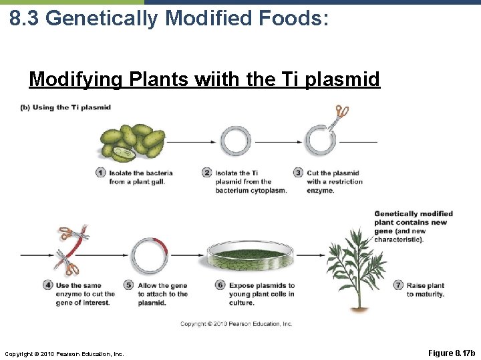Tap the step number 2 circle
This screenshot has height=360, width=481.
point(207,173)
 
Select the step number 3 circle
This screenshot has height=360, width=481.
point(298,173)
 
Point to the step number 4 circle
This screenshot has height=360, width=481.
point(47,285)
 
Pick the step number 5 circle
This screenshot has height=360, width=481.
point(129,285)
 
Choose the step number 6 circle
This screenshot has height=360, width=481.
point(220,285)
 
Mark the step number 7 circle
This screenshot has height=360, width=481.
point(398,285)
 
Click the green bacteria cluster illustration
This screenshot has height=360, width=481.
point(132,141)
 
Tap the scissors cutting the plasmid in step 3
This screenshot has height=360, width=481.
point(341,113)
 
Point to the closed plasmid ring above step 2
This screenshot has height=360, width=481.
point(236,141)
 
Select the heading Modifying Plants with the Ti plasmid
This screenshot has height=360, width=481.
point(204,80)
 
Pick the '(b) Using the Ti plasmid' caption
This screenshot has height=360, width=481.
point(65,107)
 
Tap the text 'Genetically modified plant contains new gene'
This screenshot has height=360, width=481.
point(413,223)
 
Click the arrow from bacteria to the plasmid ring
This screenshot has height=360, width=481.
point(191,141)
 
